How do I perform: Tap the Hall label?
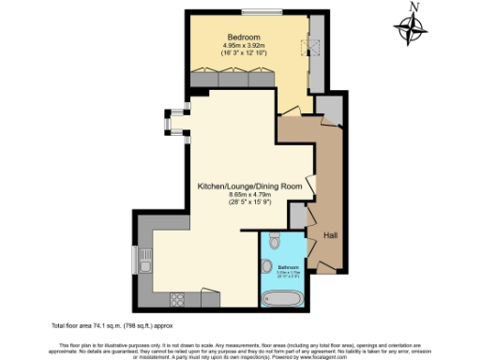[x=331, y=234]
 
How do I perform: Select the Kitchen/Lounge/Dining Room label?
[x=248, y=187]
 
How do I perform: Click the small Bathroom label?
[x=288, y=267]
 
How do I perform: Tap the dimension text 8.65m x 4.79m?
[x=248, y=195]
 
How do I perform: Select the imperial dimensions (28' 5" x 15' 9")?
[x=248, y=203]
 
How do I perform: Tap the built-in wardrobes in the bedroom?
[x=234, y=81]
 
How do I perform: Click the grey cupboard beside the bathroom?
[x=298, y=217]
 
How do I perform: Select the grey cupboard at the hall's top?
[x=328, y=107]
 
